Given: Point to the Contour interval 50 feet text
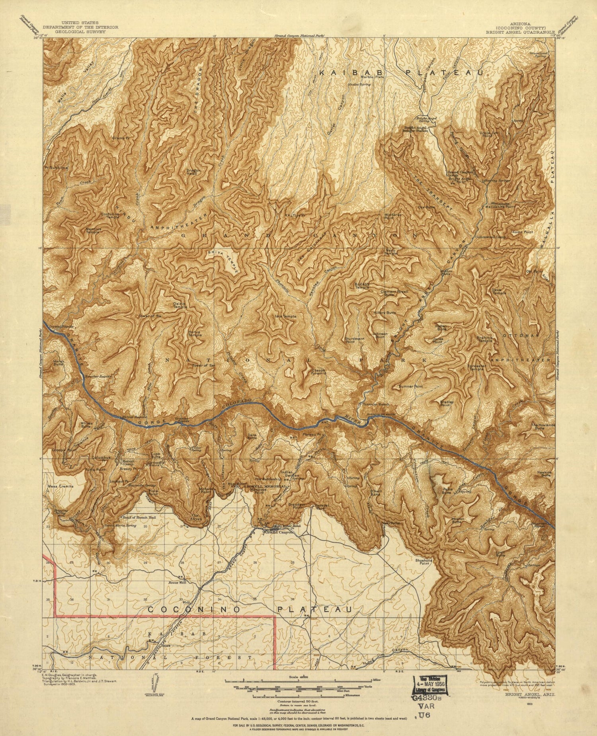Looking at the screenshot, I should [x=298, y=700].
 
